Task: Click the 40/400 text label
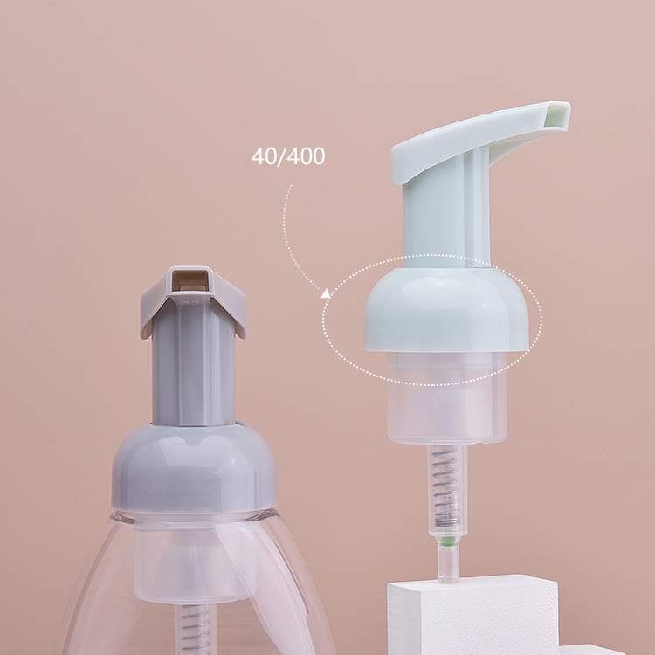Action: pos(288,156)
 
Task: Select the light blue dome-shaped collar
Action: pos(446,309)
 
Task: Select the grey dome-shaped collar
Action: pos(194,468)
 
